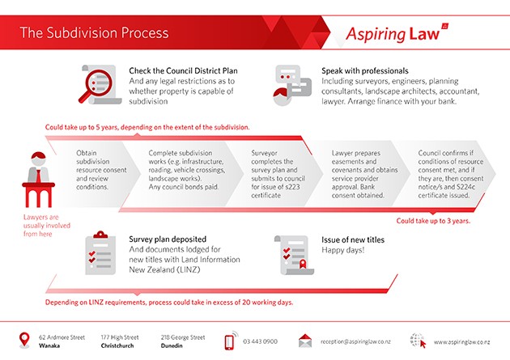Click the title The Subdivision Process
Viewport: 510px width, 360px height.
click(94, 33)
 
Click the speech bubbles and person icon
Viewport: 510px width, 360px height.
click(291, 83)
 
